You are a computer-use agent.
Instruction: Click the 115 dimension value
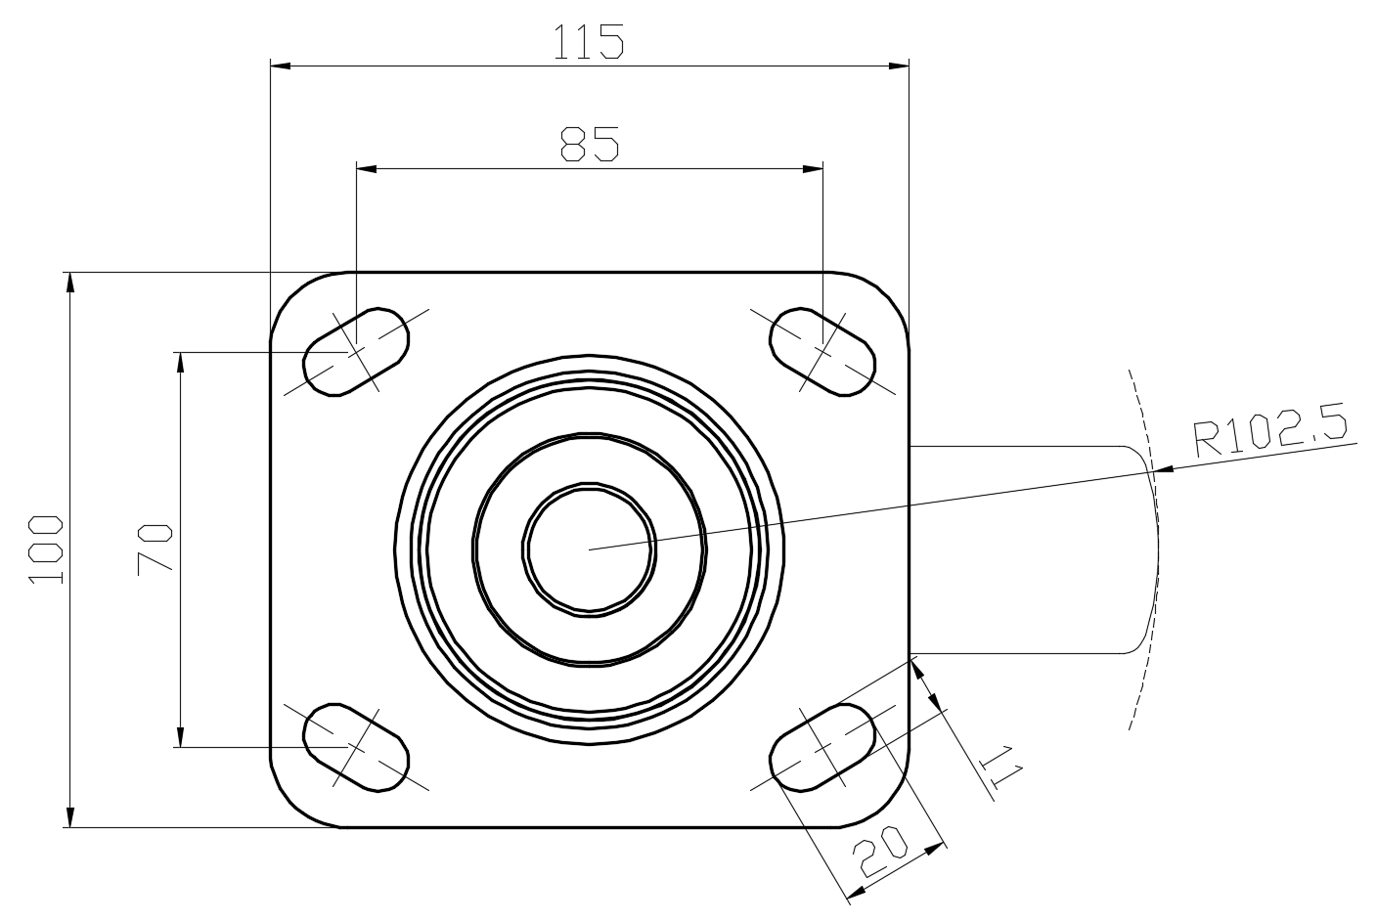[x=589, y=42]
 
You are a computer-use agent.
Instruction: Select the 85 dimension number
[x=590, y=144]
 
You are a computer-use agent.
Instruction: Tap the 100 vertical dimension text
[x=45, y=549]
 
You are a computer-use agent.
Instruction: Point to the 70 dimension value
[x=155, y=549]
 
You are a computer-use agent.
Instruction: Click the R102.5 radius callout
[x=1270, y=429]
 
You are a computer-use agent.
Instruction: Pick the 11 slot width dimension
[x=1000, y=768]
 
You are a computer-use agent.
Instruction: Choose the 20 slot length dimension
[x=880, y=852]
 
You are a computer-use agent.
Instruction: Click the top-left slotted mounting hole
[x=356, y=352]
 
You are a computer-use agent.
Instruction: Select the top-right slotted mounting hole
[x=822, y=352]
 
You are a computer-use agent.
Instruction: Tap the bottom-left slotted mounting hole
[x=356, y=747]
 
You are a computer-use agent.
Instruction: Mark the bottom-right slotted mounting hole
[x=822, y=747]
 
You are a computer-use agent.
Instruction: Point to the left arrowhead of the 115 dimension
[x=280, y=66]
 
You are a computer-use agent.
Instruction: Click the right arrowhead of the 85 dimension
[x=813, y=168]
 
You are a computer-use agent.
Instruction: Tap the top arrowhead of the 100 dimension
[x=70, y=282]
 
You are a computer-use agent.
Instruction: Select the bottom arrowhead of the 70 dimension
[x=180, y=737]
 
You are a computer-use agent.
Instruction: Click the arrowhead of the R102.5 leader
[x=1165, y=468]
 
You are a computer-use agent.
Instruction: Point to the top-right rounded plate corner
[x=890, y=291]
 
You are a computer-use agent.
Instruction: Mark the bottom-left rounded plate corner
[x=291, y=807]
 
